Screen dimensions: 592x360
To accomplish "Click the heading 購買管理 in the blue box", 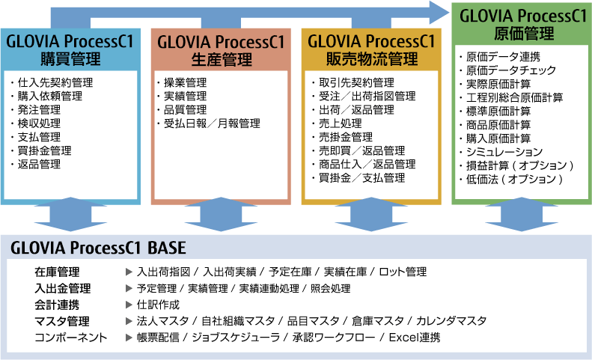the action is pos(70,59).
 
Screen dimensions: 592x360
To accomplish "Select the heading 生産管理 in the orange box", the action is pos(222,59).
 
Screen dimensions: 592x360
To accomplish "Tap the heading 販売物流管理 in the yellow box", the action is pos(372,59).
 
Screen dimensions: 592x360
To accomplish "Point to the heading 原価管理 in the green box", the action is pos(524,34).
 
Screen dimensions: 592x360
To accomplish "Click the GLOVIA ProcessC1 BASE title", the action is pos(98,248).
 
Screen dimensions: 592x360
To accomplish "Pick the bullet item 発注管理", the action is pos(39,110).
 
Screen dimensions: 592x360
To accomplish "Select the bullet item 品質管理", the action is pos(185,110).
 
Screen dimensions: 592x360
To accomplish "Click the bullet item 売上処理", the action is pos(341,123).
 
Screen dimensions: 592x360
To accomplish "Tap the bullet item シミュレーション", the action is pos(504,152).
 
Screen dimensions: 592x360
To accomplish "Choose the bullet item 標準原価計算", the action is pos(498,111).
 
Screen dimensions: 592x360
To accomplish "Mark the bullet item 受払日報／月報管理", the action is pos(212,123).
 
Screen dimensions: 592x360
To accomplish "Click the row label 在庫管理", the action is pos(57,272).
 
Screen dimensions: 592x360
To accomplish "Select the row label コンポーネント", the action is pos(71,338).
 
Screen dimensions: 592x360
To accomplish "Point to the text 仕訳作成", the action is pos(158,305).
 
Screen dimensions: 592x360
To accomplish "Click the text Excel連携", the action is pos(415,338).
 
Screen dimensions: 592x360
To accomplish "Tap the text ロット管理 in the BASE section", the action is pos(403,272).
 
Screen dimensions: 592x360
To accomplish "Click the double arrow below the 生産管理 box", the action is pos(221,214).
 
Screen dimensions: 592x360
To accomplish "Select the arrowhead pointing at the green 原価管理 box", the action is pos(439,13).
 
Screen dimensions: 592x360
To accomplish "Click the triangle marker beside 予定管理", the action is pos(129,289).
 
